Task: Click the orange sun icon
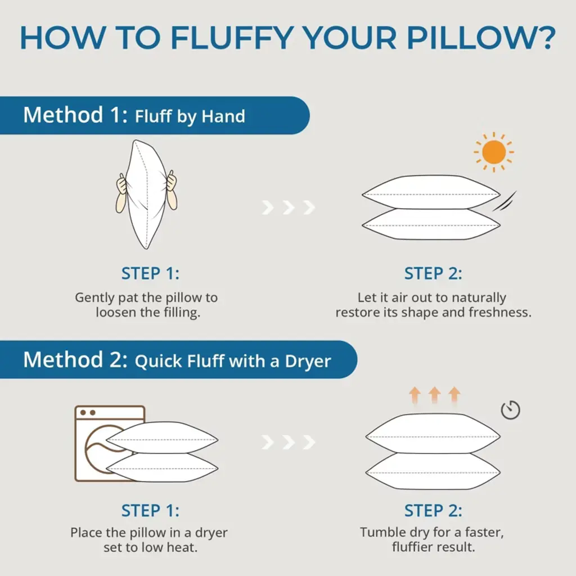point(494,152)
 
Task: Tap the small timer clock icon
point(511,410)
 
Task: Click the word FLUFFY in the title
point(232,38)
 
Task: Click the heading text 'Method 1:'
point(76,115)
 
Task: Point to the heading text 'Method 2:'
point(76,359)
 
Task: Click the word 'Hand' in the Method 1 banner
point(223,116)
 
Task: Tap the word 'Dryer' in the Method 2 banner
point(308,362)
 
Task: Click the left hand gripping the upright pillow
point(121,193)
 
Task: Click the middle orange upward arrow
point(435,395)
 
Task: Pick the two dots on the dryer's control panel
point(88,412)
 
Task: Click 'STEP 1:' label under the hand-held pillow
point(150,273)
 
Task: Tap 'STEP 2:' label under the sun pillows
point(433,273)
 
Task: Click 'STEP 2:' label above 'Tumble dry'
point(433,511)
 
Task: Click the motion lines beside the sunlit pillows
point(505,201)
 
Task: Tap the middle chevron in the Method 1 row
point(289,208)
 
